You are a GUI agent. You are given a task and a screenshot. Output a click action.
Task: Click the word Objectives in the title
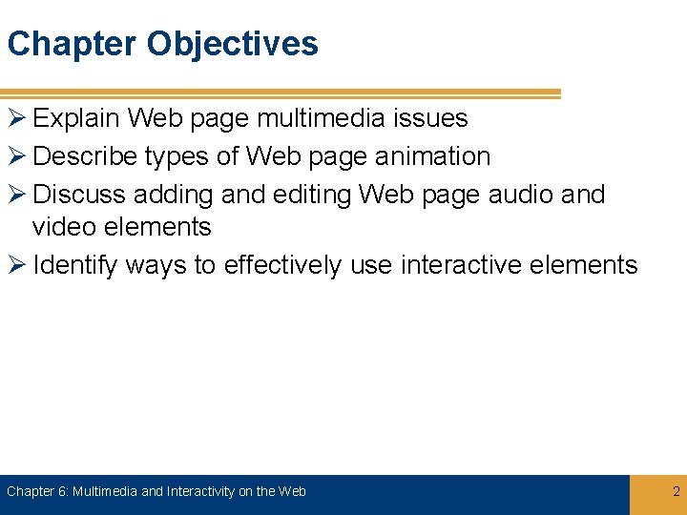click(x=233, y=44)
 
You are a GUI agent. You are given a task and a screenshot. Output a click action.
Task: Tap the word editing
click(x=313, y=195)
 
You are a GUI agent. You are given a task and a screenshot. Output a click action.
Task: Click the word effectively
click(x=282, y=265)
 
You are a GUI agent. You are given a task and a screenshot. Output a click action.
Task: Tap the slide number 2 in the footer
click(x=676, y=492)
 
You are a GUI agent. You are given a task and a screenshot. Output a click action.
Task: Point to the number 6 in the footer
click(x=62, y=492)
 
